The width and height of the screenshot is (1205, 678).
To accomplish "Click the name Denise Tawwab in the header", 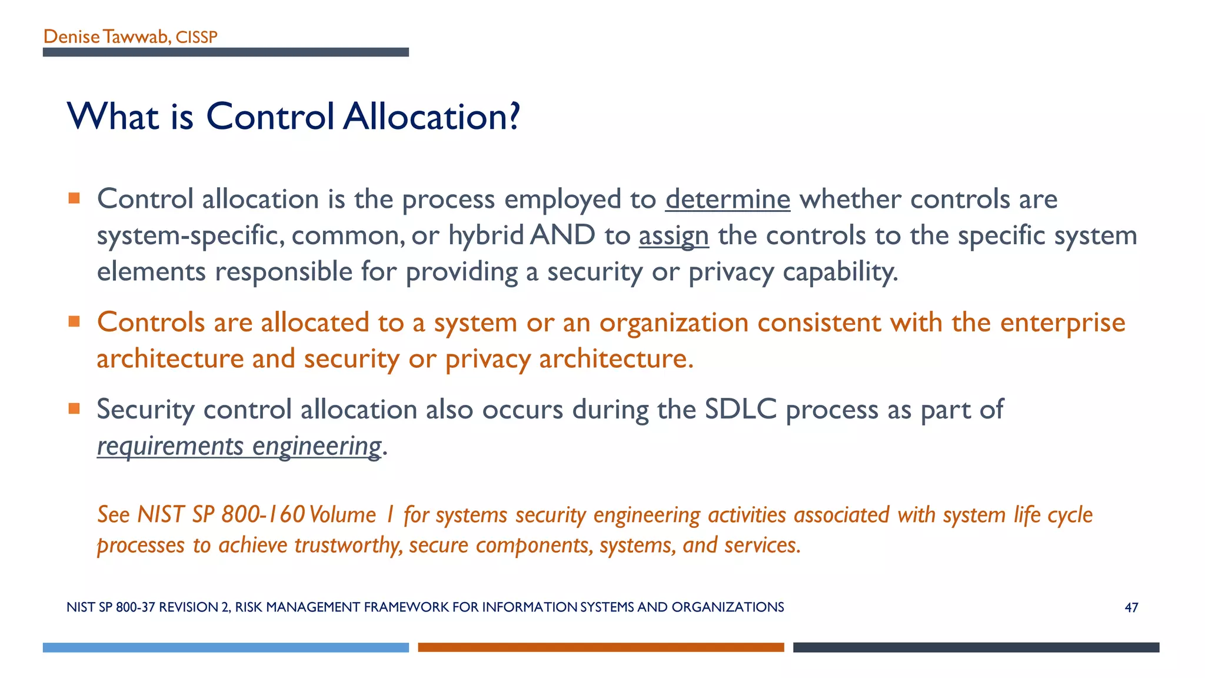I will [106, 37].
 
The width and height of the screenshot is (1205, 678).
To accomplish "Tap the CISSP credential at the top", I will [197, 38].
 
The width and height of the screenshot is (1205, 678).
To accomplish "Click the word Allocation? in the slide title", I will [432, 117].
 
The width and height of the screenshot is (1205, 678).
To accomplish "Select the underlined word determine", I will [727, 200].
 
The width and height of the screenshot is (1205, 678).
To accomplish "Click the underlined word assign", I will [674, 236].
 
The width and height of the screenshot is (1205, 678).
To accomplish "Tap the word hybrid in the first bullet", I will [486, 236].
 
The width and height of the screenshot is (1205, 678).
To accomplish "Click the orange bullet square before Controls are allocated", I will [74, 321].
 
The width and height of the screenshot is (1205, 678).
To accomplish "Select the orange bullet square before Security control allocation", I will [74, 408].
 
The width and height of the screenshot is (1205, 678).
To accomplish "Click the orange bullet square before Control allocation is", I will [74, 198].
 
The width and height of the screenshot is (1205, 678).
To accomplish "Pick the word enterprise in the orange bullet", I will [1063, 323].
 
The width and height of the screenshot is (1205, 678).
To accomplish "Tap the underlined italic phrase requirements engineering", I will [239, 446].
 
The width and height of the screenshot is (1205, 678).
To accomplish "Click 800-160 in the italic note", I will [263, 515].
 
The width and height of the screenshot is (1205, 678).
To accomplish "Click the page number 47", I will [1131, 608].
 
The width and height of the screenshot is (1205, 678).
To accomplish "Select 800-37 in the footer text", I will [135, 607].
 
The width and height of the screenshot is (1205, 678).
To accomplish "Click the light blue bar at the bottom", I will [225, 647].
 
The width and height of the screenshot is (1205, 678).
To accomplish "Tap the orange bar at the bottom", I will [601, 647].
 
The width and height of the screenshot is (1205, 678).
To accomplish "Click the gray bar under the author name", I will [225, 52].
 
